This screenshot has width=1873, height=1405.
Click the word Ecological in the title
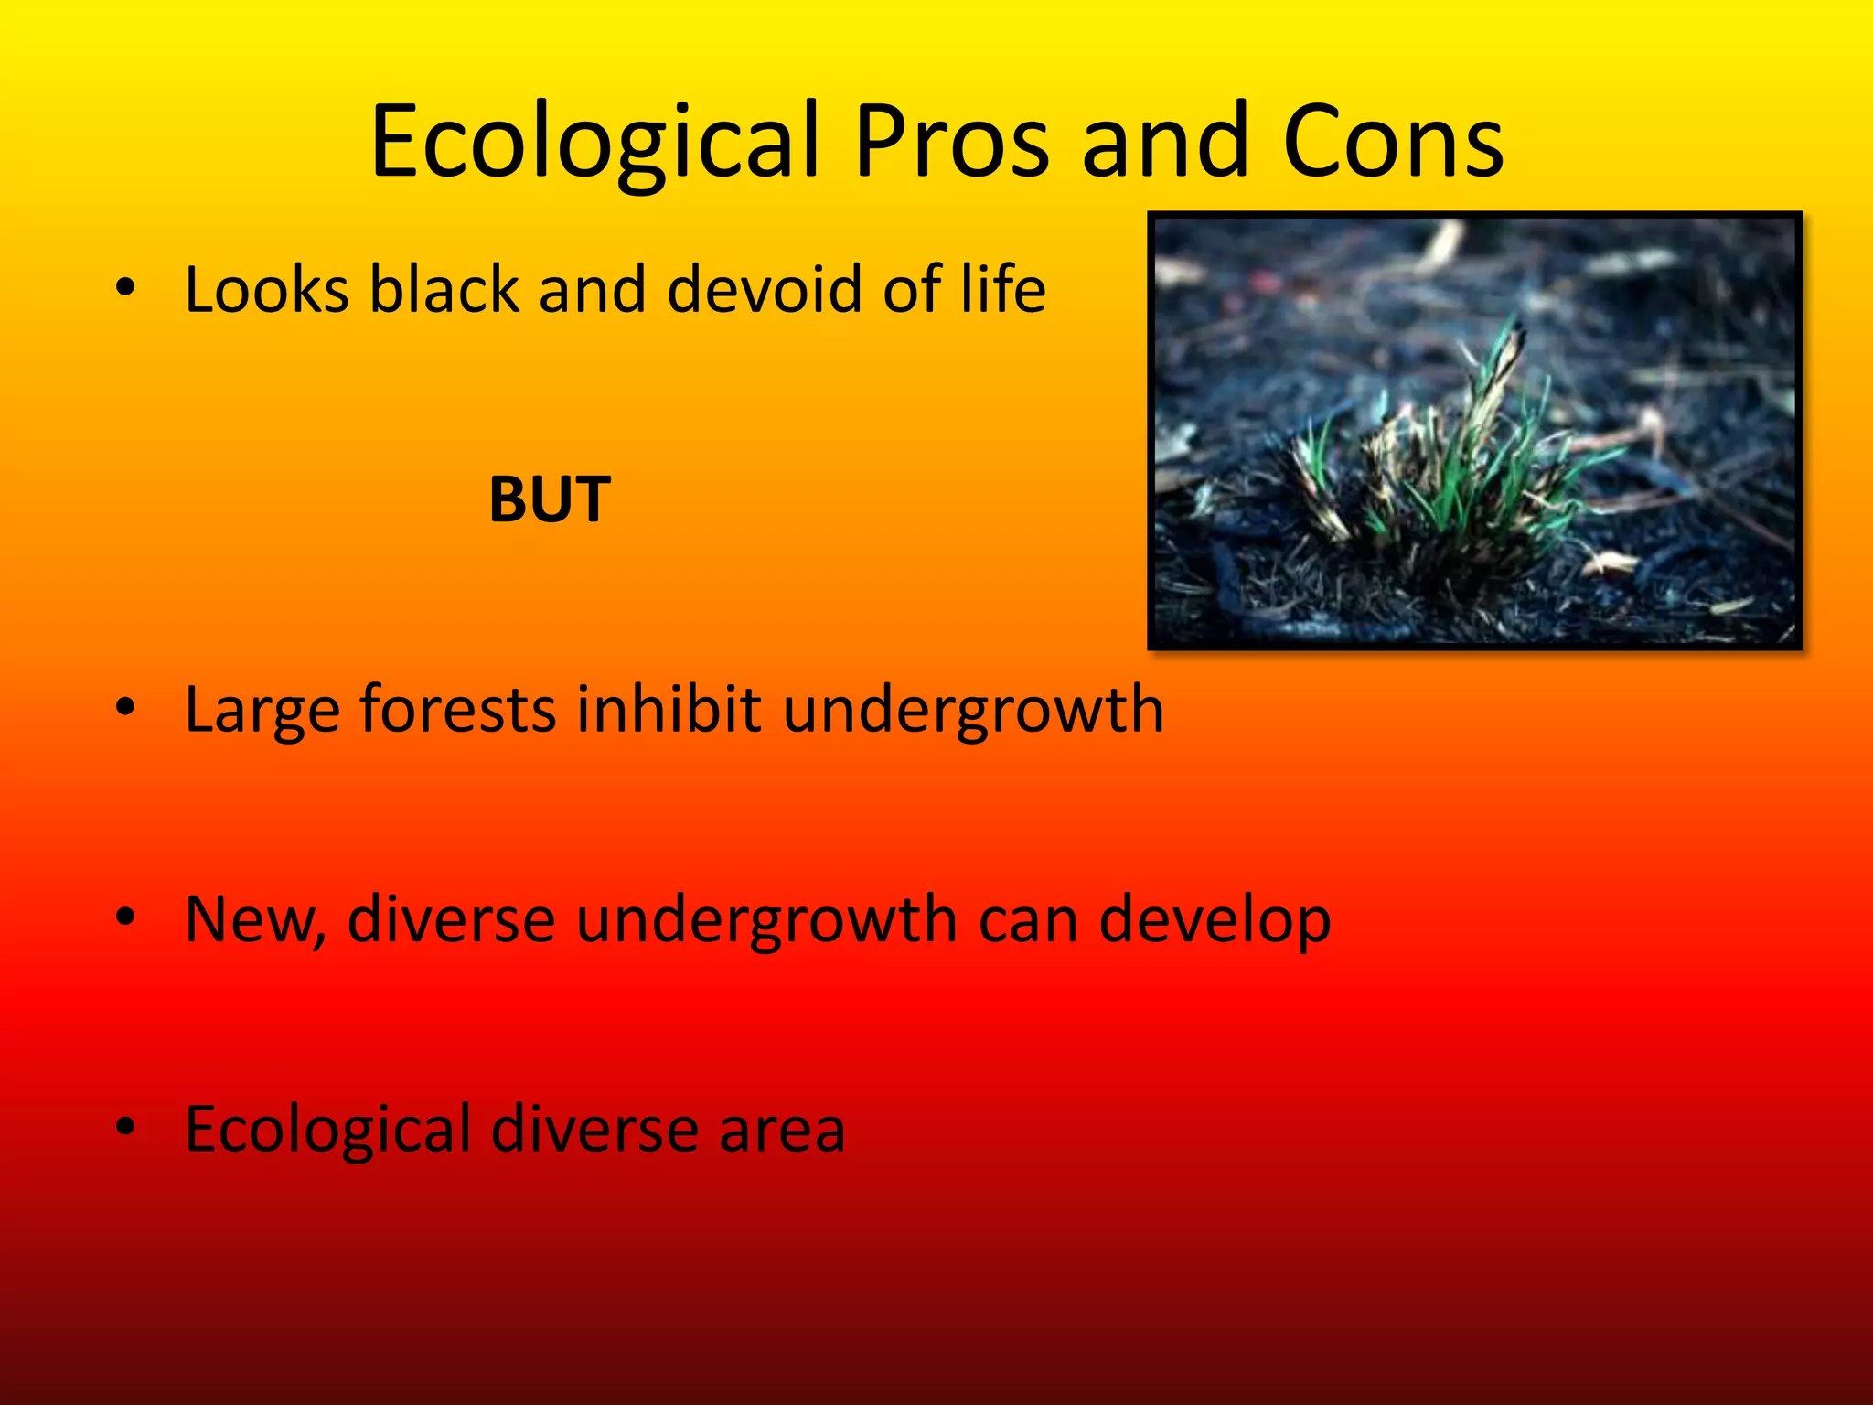click(594, 142)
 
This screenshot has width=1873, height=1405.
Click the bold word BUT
click(550, 500)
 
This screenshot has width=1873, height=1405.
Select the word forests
click(457, 709)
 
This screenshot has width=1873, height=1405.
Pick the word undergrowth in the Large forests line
click(973, 709)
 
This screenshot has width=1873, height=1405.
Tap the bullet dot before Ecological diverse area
click(126, 1127)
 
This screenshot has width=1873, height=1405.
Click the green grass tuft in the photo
click(1454, 467)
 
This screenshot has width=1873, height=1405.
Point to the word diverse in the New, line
click(451, 919)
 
